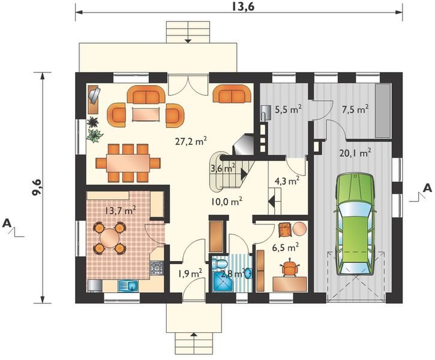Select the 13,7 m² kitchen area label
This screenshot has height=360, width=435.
[120, 210]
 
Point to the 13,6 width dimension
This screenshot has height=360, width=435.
[239, 7]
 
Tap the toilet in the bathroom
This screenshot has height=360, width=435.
[220, 264]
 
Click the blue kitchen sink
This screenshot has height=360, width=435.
[127, 286]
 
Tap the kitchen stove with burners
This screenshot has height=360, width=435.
[157, 269]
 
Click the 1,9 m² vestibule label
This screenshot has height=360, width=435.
[190, 274]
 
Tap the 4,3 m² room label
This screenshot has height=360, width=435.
[286, 180]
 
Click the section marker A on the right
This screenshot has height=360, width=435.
[427, 188]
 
